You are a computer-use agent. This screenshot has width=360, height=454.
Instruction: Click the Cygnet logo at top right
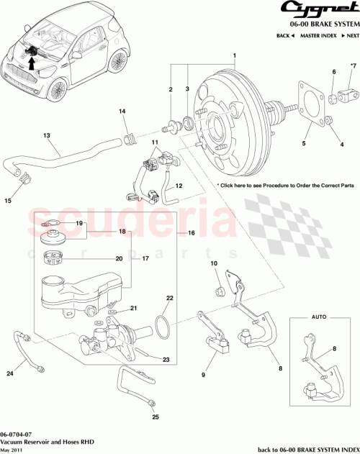[x=315, y=10]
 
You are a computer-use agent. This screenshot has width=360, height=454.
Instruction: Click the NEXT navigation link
[x=349, y=35]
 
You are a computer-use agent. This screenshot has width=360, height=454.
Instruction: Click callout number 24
[x=10, y=373]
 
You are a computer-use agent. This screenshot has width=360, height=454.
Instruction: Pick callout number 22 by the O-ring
[x=170, y=298]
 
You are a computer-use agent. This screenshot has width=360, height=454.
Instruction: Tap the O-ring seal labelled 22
[x=164, y=325]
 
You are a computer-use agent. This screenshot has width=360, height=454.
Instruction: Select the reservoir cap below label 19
[x=53, y=237]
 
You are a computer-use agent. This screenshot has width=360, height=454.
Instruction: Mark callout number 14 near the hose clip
[x=122, y=111]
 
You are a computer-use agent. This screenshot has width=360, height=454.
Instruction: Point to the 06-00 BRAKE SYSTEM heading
[x=321, y=23]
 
